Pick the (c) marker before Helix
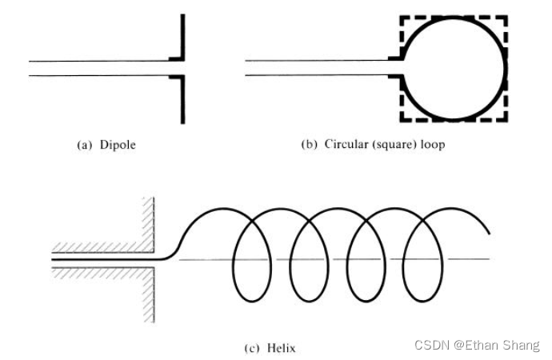coord(251,348)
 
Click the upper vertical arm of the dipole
coord(183,36)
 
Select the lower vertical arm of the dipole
coord(183,100)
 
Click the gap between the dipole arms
coord(182,68)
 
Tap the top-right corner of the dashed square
coord(506,17)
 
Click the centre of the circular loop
coord(454,68)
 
